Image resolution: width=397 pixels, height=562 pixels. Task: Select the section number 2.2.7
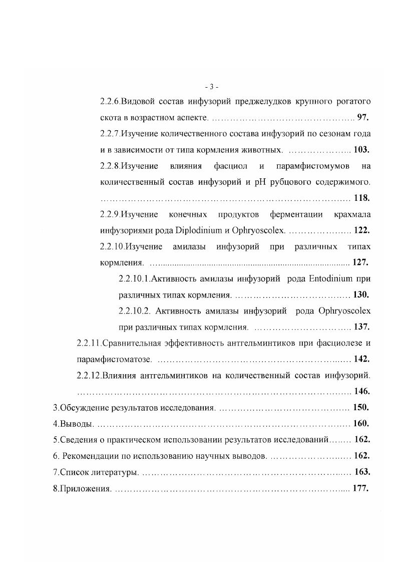[110, 134]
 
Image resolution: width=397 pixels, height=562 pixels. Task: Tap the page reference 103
[361, 150]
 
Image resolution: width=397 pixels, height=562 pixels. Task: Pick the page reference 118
[361, 198]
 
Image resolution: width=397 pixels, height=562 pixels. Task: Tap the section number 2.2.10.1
[134, 278]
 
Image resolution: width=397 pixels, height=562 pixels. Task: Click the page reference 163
[362, 471]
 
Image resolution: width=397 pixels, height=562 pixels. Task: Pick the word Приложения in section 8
[85, 488]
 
